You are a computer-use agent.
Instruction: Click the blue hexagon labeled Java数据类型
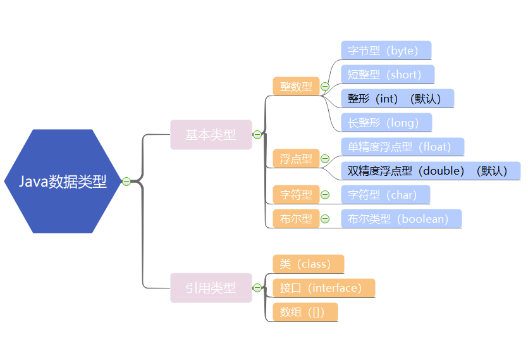62,182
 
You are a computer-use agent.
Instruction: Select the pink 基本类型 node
211,135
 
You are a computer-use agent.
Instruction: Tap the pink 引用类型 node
211,288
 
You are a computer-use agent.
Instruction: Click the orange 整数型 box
296,87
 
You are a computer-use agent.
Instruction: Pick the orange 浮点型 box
296,159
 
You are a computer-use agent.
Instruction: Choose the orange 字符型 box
296,195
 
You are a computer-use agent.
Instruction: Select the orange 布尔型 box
296,219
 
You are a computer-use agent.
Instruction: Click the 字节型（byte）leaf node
386,51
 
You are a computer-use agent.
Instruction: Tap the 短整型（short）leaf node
388,75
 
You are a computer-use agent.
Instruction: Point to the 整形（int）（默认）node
397,99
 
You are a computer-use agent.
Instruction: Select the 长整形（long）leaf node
386,123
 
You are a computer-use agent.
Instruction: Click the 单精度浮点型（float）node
402,147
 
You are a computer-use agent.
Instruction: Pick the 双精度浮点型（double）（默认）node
430,171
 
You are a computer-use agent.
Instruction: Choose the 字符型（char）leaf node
385,195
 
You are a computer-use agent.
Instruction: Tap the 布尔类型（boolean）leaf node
401,219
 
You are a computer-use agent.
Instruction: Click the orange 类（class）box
308,264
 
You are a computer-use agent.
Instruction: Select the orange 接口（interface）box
324,288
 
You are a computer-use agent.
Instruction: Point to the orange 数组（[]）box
305,312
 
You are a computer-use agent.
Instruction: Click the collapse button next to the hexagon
126,182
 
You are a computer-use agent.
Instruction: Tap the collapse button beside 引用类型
257,288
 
